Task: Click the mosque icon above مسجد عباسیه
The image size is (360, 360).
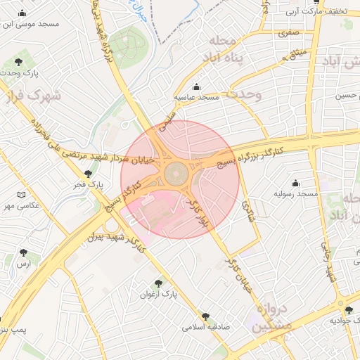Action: pyautogui.click(x=196, y=86)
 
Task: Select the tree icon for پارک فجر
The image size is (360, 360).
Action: pyautogui.click(x=88, y=174)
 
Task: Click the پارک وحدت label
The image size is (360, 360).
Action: pyautogui.click(x=18, y=72)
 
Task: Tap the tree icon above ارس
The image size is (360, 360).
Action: pyautogui.click(x=24, y=252)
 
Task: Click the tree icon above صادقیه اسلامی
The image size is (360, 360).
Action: pyautogui.click(x=205, y=316)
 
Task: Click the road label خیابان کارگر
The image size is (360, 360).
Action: pyautogui.click(x=238, y=274)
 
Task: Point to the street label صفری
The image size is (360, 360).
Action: pyautogui.click(x=288, y=32)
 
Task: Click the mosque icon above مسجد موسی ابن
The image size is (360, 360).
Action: pyautogui.click(x=22, y=13)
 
